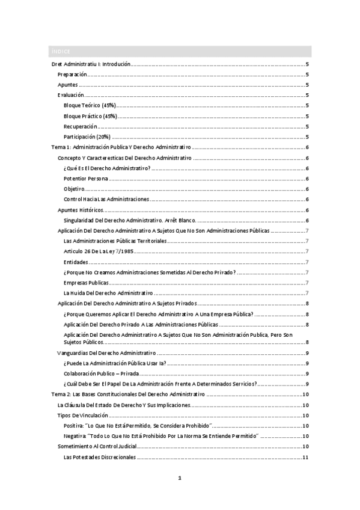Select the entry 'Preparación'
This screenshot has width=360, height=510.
tap(73, 75)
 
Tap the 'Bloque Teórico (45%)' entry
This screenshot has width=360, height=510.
tap(90, 106)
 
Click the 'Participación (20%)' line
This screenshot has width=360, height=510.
tap(87, 137)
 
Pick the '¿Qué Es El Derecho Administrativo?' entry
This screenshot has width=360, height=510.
tap(107, 168)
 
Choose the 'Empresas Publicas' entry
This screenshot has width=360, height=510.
tap(86, 283)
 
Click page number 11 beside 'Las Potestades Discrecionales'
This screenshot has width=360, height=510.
tap(306, 457)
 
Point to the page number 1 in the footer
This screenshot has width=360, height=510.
tap(180, 478)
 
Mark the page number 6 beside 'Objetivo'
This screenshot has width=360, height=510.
tap(307, 189)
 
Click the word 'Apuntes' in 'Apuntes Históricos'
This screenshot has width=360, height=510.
tap(67, 210)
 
